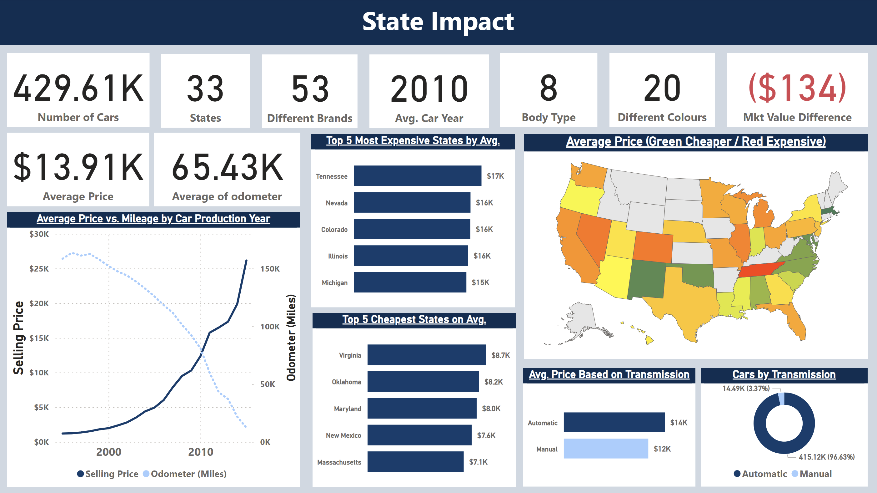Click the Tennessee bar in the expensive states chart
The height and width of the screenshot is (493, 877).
point(417,176)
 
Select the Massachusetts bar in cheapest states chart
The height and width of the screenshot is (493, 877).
point(415,462)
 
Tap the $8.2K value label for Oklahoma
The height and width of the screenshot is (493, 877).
point(493,382)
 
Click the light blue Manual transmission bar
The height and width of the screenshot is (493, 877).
point(606,448)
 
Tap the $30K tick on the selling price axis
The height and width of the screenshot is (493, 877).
point(39,234)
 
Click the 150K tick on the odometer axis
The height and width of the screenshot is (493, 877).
point(270,269)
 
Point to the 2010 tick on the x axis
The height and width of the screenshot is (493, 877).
point(201,452)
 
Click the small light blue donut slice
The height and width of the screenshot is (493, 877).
point(782,399)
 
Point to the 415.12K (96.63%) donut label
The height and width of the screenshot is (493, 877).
point(826,457)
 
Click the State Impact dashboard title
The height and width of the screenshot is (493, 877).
point(438,22)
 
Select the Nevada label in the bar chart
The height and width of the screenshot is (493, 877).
point(336,203)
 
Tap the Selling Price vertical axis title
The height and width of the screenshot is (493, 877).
point(19,338)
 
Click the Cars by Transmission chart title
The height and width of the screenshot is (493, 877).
point(784,374)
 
